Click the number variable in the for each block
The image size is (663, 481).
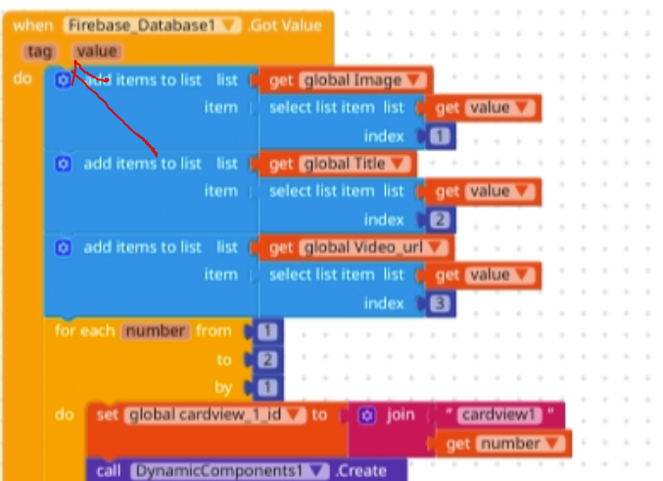(155, 330)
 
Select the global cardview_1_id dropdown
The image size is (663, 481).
(214, 414)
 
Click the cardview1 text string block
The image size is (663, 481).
(499, 414)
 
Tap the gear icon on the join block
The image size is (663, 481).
(366, 414)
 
